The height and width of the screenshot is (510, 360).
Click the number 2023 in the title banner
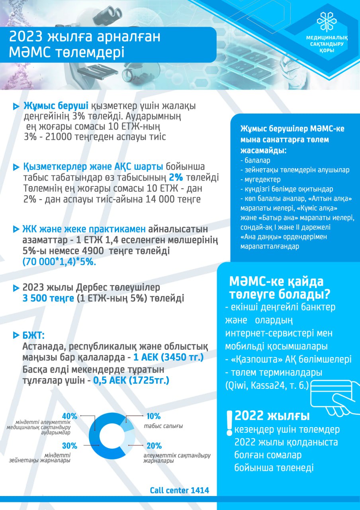point(27,37)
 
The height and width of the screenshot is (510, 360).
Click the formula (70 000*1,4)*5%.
point(59,263)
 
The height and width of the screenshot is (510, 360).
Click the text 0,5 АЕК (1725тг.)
point(131,381)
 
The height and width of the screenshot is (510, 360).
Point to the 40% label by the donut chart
point(70,416)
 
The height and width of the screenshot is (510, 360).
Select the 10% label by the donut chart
point(153,416)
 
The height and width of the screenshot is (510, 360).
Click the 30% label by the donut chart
point(70,446)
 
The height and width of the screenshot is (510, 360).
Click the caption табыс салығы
point(163,426)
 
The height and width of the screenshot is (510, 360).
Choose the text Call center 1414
point(179,490)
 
